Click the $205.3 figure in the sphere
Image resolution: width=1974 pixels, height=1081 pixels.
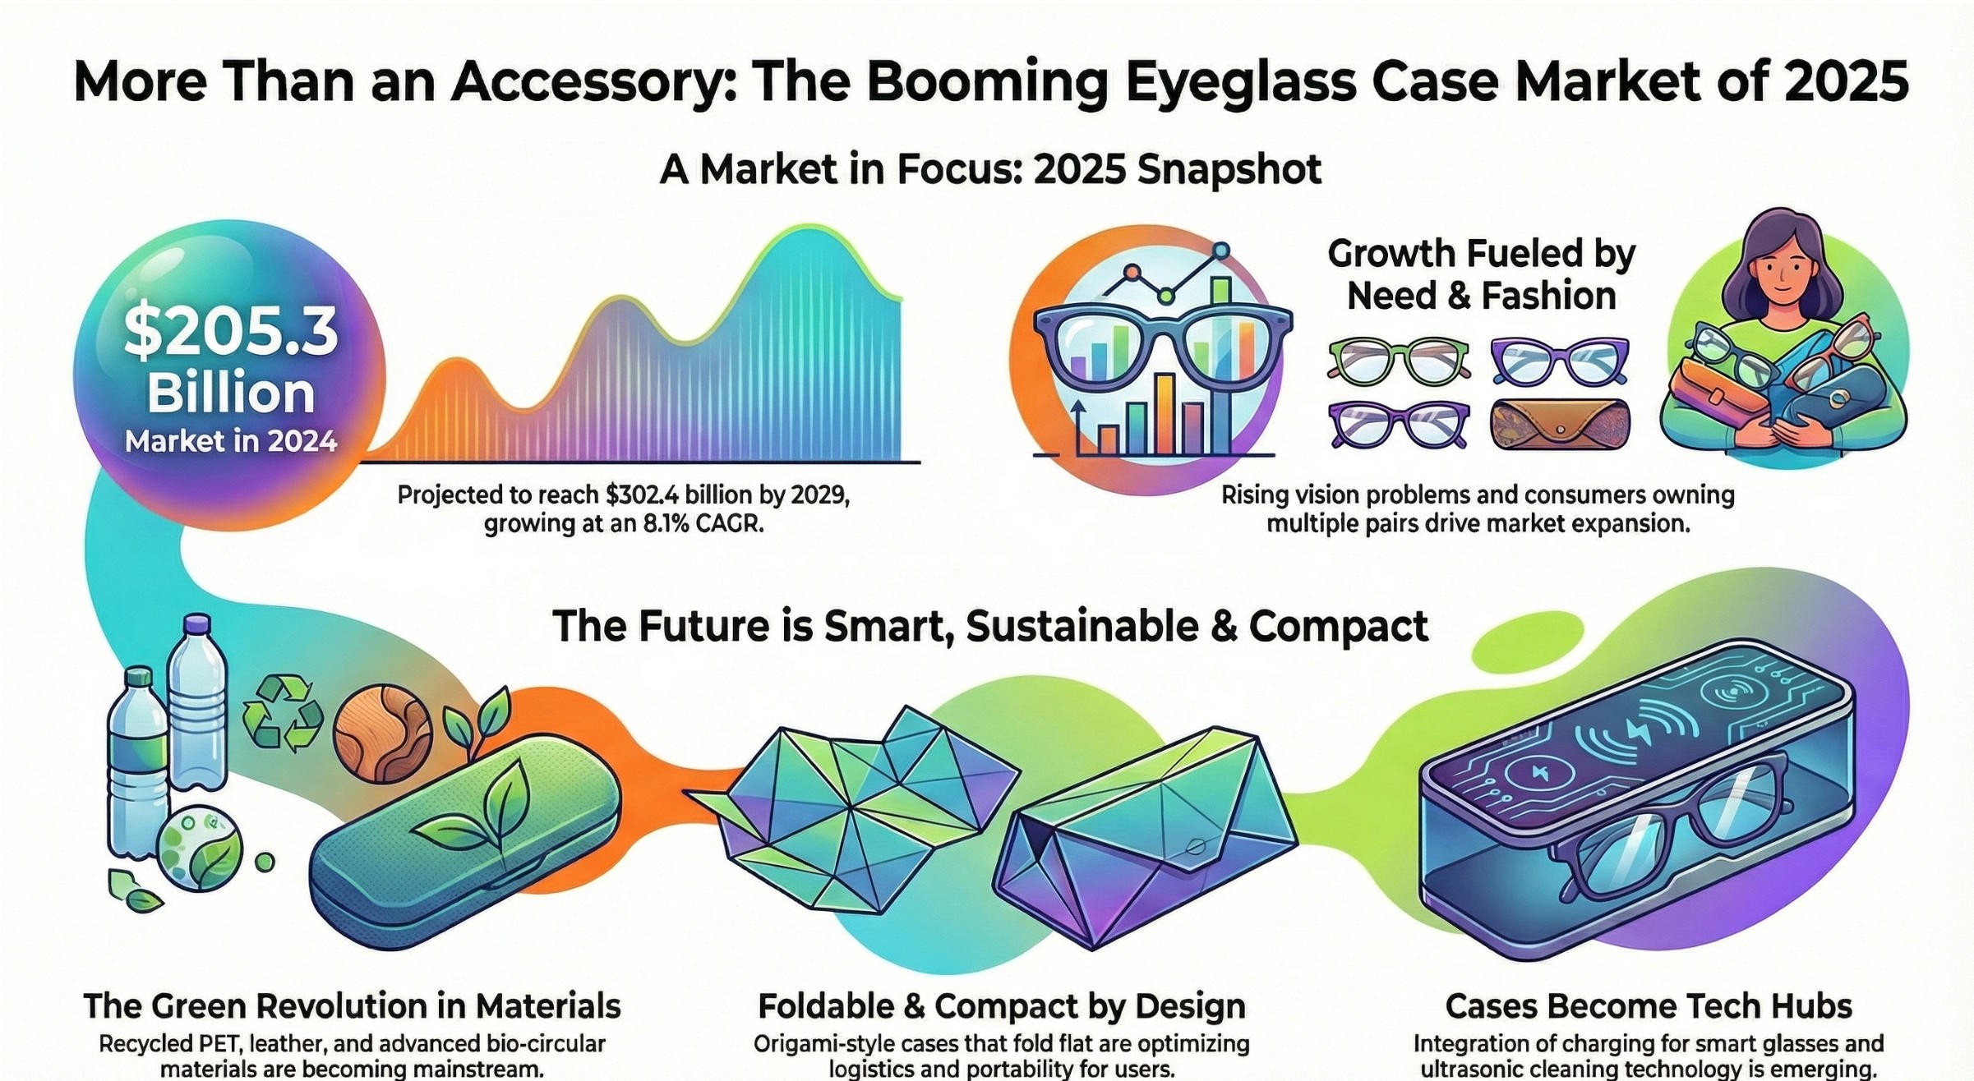click(x=230, y=333)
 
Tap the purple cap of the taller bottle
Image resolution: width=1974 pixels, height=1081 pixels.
click(x=196, y=625)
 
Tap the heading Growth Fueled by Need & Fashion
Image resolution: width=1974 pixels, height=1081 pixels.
click(x=1481, y=274)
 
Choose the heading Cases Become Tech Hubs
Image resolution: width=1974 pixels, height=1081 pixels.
click(x=1649, y=1006)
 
